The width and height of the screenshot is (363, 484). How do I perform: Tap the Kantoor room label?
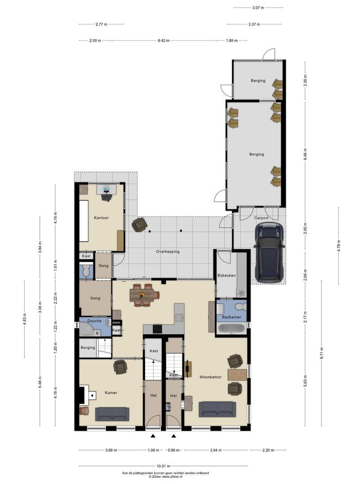coord(101,218)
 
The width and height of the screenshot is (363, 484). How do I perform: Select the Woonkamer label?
coord(211,377)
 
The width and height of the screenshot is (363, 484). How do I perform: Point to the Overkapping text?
coord(168,251)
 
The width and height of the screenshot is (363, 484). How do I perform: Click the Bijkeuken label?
coord(227,275)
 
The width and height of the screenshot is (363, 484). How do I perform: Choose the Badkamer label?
coord(232,317)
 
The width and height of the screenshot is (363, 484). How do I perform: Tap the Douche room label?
coord(95,321)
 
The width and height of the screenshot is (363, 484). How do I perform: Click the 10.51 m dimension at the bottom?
coord(163,466)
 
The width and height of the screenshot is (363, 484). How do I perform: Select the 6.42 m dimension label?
coord(164,40)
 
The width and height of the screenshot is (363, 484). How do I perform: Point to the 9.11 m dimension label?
coord(322,354)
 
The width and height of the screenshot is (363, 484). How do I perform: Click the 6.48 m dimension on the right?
coord(305,154)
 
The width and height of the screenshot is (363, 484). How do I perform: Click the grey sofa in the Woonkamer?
coord(217,409)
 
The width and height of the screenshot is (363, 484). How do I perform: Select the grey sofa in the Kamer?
coord(112,414)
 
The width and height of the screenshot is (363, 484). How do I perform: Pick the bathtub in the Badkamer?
coord(232,328)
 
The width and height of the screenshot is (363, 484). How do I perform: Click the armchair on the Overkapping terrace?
coord(139,225)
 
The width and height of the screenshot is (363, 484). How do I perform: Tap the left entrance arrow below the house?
coord(153,436)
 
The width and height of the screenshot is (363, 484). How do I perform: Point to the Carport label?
coord(261,218)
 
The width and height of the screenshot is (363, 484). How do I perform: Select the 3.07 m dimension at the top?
coord(258,8)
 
